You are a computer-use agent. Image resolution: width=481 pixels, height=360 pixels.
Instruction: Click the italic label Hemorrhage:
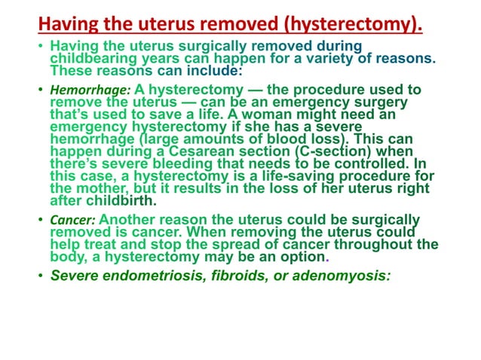click(81, 90)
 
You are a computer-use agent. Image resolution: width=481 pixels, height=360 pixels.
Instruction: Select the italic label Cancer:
click(73, 221)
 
